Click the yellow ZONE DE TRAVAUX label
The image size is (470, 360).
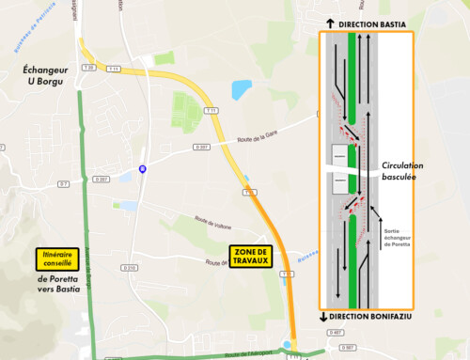tap(250, 257)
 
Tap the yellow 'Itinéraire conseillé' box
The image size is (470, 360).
tap(55, 258)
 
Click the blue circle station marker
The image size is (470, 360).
tap(142, 168)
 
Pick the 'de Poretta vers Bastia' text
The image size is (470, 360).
tap(55, 284)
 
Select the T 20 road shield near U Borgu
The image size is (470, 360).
tap(88, 68)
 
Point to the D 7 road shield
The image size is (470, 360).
tap(64, 183)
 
